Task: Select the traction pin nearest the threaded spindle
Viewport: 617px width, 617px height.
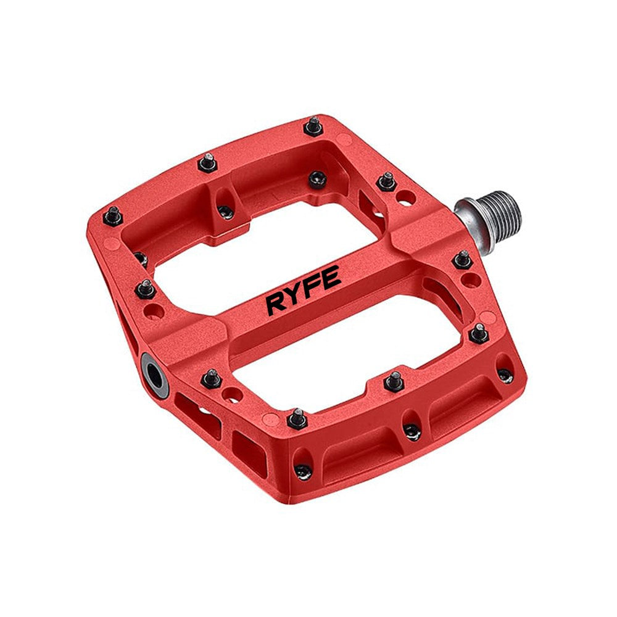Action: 463,259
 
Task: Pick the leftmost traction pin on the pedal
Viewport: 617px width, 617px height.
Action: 113,215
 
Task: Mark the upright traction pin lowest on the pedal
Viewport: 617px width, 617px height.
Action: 297,418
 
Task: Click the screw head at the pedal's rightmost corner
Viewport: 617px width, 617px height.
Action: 505,375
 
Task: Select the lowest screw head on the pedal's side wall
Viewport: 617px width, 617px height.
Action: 303,473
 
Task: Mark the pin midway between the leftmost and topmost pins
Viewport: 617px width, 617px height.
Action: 207,163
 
